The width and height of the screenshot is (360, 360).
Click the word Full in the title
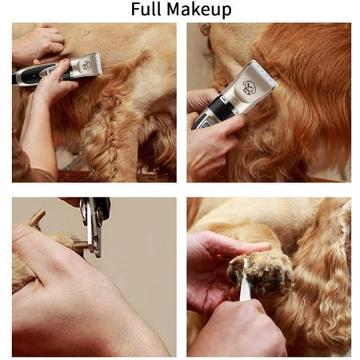coord(146,9)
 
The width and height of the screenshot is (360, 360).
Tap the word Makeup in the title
coord(199,10)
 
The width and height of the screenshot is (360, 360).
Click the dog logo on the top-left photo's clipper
coord(86,65)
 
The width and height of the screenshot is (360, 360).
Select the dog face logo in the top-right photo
coord(249,87)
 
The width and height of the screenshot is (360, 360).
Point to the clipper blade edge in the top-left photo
coord(100,63)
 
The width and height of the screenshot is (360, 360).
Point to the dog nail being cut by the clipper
coord(79,245)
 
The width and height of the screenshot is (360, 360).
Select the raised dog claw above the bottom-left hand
coord(37,218)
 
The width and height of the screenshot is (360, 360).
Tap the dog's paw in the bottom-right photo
coord(260,274)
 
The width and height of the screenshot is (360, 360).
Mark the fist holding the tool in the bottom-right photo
coord(238,328)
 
